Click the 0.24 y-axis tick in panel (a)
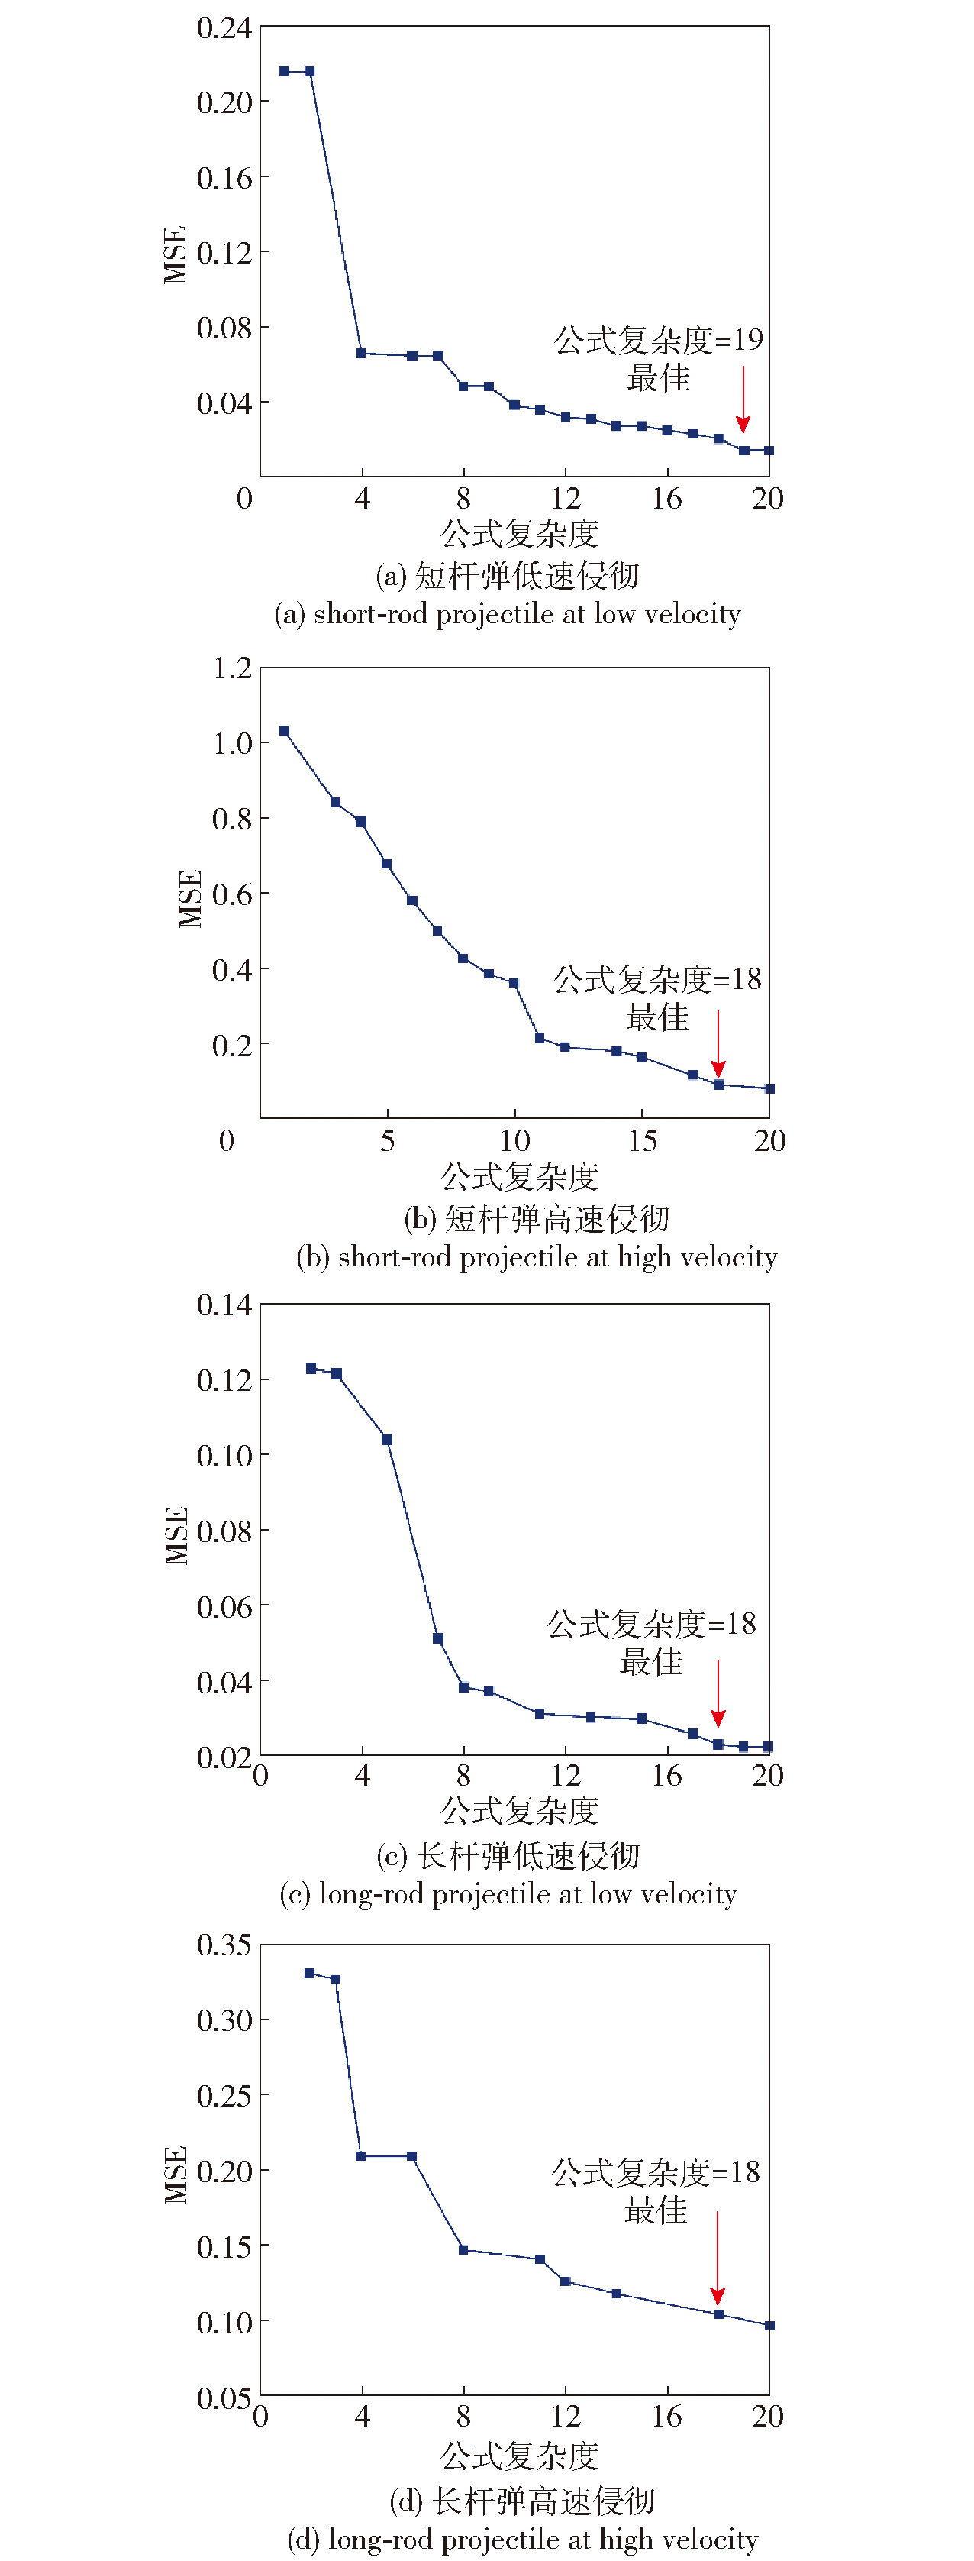pos(224,27)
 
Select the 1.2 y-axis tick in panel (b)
pos(233,668)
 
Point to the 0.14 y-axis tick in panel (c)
pos(224,1305)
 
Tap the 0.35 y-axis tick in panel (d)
pos(224,1945)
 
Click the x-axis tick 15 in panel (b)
pos(642,1140)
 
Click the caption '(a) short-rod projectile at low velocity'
pos(507,614)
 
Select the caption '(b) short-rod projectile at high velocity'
pos(537,1258)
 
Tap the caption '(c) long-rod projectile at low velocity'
pos(508,1895)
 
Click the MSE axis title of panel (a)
pos(175,256)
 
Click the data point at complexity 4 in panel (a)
pos(361,353)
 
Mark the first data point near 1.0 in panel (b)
pos(284,731)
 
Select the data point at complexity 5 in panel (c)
pos(386,1440)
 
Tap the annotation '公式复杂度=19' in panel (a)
pos(658,340)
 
